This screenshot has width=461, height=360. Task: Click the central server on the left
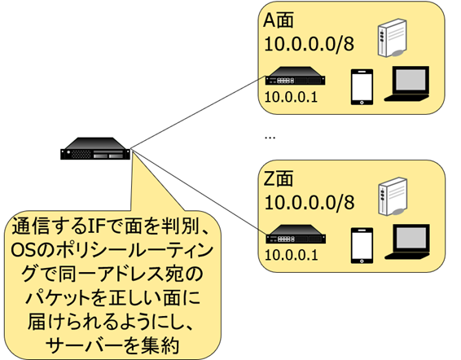pyautogui.click(x=95, y=148)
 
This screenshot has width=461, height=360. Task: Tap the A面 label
pyautogui.click(x=278, y=20)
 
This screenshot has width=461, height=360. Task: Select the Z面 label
pyautogui.click(x=278, y=178)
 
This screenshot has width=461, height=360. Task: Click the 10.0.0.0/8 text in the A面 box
pyautogui.click(x=310, y=44)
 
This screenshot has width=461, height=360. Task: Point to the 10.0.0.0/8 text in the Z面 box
pyautogui.click(x=310, y=203)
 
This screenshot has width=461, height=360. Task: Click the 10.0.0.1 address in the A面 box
pyautogui.click(x=291, y=97)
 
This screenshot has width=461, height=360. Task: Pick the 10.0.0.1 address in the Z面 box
pyautogui.click(x=292, y=255)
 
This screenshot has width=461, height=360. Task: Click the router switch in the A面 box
pyautogui.click(x=295, y=76)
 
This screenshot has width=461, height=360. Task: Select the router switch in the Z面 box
pyautogui.click(x=296, y=234)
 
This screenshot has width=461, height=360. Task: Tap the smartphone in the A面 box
pyautogui.click(x=362, y=87)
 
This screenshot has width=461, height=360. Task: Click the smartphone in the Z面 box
pyautogui.click(x=362, y=246)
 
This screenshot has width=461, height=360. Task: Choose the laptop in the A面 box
pyautogui.click(x=407, y=84)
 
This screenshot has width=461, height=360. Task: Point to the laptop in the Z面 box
pyautogui.click(x=407, y=242)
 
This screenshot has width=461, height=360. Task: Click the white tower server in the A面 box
pyautogui.click(x=393, y=38)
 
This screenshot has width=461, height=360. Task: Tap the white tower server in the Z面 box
pyautogui.click(x=393, y=196)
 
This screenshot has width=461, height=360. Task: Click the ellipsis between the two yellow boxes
pyautogui.click(x=270, y=138)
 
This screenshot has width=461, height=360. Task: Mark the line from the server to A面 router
pyautogui.click(x=198, y=112)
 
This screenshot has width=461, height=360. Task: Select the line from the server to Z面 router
pyautogui.click(x=199, y=192)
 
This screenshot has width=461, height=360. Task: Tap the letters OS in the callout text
pyautogui.click(x=22, y=251)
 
